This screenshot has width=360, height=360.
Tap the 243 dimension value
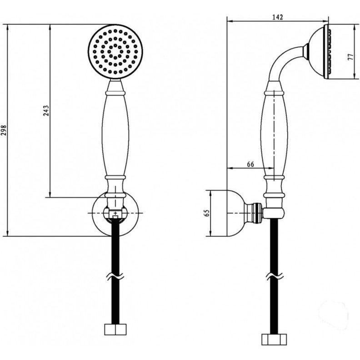click(x=46, y=110)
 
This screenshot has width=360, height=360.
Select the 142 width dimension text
click(x=278, y=17)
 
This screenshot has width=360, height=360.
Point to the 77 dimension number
click(x=350, y=57)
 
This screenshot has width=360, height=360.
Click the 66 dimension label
click(x=250, y=164)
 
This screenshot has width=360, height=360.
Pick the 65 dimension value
click(x=207, y=213)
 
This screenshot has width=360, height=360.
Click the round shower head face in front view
click(x=115, y=52)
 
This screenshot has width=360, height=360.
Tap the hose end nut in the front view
click(x=115, y=329)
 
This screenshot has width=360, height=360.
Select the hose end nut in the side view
click(x=274, y=340)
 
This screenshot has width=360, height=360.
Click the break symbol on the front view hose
click(x=115, y=276)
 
